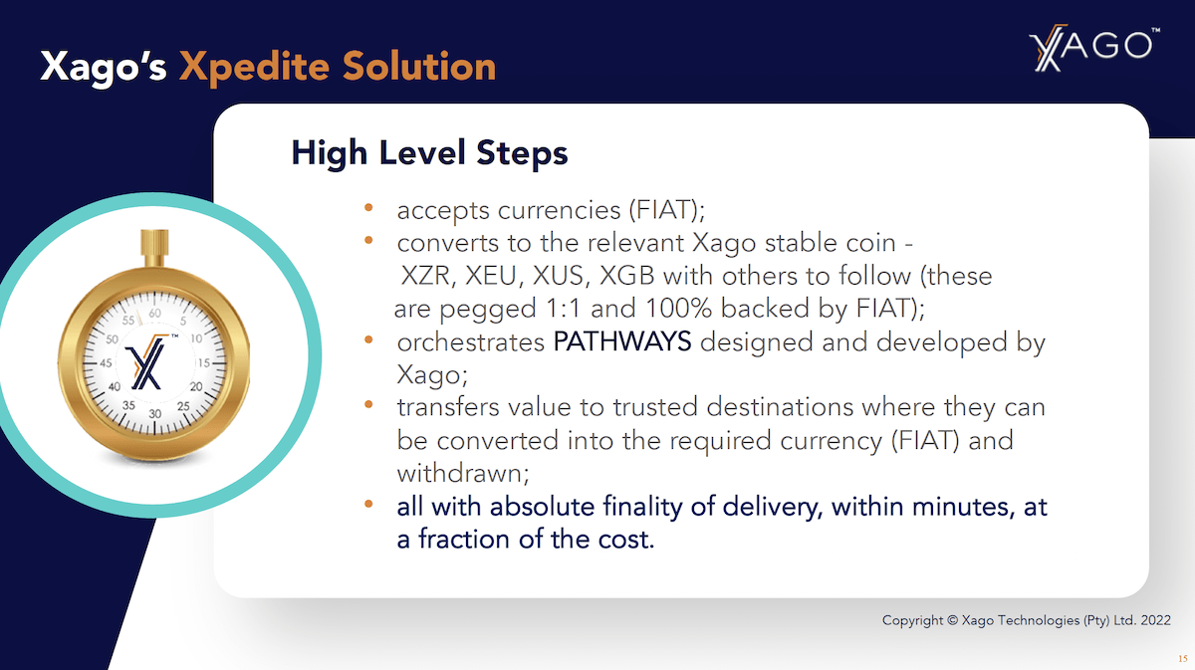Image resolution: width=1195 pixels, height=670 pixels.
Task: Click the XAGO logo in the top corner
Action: click(1093, 49)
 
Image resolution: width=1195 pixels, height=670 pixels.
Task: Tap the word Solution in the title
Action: click(419, 66)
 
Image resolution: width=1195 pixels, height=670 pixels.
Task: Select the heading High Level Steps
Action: click(429, 152)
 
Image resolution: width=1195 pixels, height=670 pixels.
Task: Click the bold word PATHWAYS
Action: click(622, 341)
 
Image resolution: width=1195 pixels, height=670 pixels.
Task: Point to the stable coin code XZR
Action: click(425, 276)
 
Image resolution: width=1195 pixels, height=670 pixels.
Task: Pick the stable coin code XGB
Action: click(626, 276)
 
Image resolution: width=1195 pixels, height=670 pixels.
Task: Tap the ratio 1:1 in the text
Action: click(564, 309)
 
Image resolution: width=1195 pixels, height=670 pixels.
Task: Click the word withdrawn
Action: click(461, 473)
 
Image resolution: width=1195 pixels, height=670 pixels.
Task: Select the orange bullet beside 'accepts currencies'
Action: click(368, 207)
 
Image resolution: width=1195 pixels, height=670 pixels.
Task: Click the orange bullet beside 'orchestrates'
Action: click(368, 339)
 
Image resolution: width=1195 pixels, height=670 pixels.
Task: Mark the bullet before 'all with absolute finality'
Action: click(368, 504)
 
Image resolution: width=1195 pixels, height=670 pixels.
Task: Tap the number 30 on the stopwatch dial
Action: click(154, 414)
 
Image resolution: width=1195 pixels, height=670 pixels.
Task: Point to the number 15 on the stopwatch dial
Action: click(204, 363)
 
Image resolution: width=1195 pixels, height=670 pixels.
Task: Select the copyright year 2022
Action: click(1155, 620)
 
